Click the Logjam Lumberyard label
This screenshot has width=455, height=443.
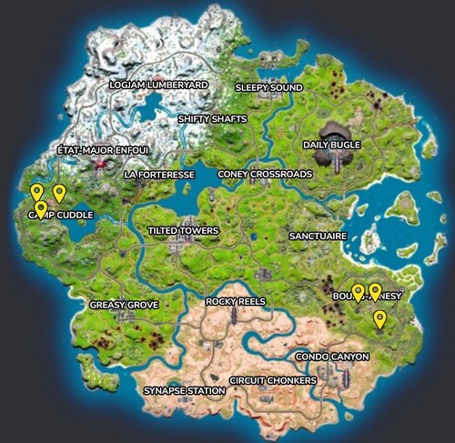tap(158, 85)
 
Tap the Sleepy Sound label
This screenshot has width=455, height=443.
tap(268, 88)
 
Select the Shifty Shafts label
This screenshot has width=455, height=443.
tap(211, 118)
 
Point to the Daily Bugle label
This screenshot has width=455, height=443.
tap(331, 145)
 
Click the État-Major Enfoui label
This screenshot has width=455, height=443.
tap(102, 149)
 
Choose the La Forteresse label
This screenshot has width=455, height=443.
tap(160, 173)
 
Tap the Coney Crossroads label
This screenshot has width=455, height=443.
tap(258, 173)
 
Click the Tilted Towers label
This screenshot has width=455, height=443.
tap(183, 231)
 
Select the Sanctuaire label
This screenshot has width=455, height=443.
tap(317, 236)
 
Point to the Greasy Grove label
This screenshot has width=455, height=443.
tap(125, 305)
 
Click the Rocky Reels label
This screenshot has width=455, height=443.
tap(235, 301)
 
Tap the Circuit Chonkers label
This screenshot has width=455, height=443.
tap(273, 379)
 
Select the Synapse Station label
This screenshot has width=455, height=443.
tap(184, 391)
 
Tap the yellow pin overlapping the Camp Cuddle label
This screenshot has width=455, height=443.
tap(41, 210)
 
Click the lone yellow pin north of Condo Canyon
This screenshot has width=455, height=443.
tap(379, 318)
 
